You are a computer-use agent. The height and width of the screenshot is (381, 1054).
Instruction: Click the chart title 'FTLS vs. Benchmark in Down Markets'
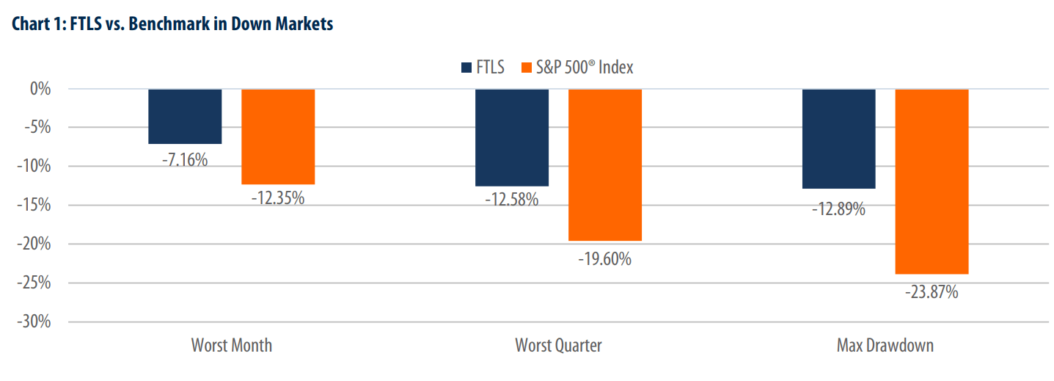click(x=172, y=24)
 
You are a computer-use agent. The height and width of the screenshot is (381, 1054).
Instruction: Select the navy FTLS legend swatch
click(x=466, y=68)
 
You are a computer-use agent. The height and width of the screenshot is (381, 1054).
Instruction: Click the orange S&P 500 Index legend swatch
click(x=526, y=68)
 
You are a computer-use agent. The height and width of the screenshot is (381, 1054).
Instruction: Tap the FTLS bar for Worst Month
click(x=185, y=116)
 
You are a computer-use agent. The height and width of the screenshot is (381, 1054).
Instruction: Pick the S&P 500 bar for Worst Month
click(x=278, y=137)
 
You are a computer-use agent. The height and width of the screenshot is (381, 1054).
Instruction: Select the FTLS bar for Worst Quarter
click(x=512, y=137)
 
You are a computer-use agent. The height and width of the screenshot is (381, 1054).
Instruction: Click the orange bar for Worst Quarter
click(x=605, y=164)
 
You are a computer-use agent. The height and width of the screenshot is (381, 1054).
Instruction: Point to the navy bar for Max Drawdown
click(x=838, y=139)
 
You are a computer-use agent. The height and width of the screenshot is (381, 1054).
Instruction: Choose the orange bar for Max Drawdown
click(x=932, y=181)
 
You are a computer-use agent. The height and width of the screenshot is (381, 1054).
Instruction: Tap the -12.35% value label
click(x=277, y=198)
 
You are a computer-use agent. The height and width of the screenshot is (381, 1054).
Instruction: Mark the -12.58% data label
click(x=511, y=200)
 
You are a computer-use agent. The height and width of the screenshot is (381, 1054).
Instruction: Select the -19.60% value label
click(x=604, y=258)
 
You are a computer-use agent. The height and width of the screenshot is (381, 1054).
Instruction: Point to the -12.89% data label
click(x=838, y=209)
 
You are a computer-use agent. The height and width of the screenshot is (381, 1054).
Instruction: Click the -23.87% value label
click(x=932, y=292)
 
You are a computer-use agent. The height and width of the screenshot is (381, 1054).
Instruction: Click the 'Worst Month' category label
click(x=231, y=345)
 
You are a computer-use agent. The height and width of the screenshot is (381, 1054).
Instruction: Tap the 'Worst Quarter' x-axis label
click(x=558, y=345)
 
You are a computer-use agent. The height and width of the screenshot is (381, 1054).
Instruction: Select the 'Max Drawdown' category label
click(x=885, y=345)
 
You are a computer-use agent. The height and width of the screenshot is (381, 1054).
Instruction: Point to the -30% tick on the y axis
click(x=34, y=322)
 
